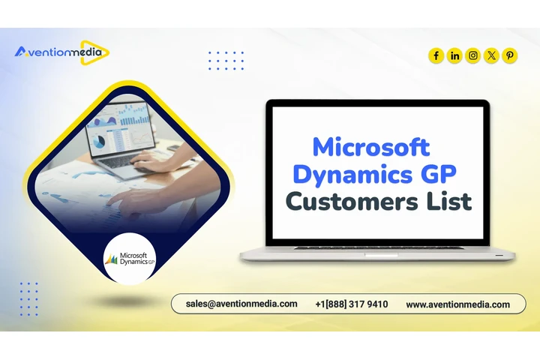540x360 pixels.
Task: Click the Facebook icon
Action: click(x=436, y=55)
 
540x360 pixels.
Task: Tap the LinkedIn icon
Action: click(x=454, y=55)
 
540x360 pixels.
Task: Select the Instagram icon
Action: click(x=473, y=55)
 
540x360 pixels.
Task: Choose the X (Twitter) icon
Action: click(x=491, y=55)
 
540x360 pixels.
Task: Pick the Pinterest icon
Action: click(x=510, y=55)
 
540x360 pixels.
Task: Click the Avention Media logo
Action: click(x=61, y=52)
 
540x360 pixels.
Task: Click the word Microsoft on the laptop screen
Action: click(x=370, y=146)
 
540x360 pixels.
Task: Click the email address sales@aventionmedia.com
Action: click(x=241, y=304)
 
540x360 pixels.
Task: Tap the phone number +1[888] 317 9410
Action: click(x=352, y=304)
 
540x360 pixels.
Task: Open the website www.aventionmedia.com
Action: click(x=457, y=304)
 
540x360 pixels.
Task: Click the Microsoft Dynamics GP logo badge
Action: click(x=128, y=259)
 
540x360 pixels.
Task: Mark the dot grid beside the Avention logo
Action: click(x=226, y=60)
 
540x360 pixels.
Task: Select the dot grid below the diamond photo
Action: click(x=29, y=298)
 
